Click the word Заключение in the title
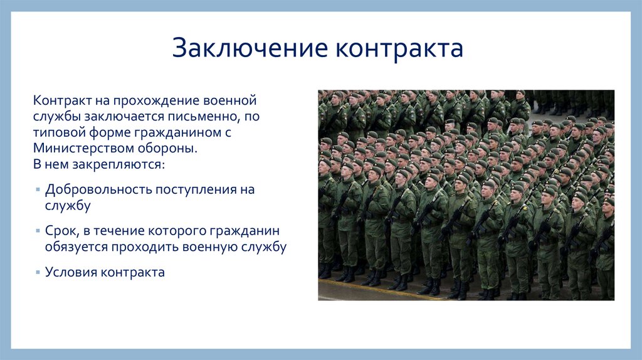pos(250,48)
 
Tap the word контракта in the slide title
pos(399,48)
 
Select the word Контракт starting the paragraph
pos(62,100)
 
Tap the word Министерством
pos(83,148)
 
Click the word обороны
pos(167,148)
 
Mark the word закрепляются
pos(118,165)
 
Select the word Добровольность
pos(98,189)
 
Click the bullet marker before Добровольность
pos(38,189)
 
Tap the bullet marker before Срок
pos(38,231)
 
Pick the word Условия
pos(71,272)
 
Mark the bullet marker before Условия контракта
pos(38,272)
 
